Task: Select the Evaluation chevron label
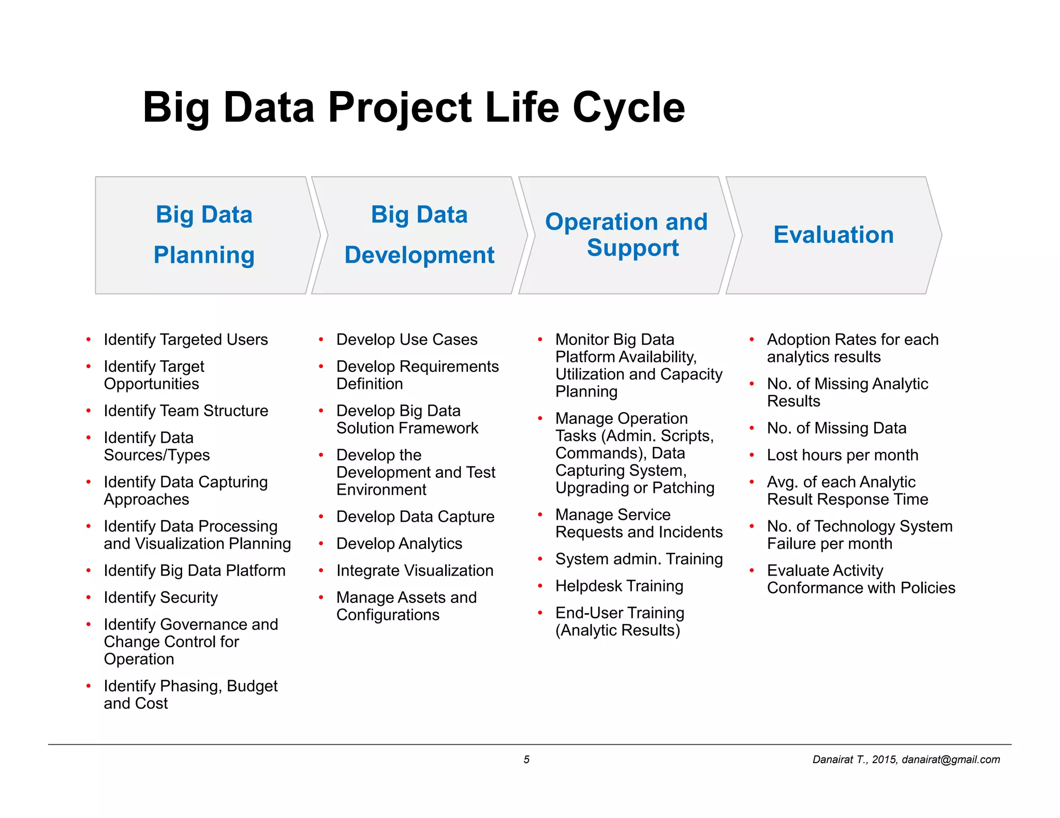coord(833,235)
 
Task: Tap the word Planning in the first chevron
coord(204,255)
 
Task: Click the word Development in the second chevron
coord(419,255)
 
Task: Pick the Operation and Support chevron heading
coord(626,235)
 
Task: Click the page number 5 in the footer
coord(526,760)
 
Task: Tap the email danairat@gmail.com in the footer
coord(950,760)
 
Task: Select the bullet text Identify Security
coord(160,597)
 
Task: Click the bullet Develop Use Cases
coord(406,340)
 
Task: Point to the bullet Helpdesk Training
coord(619,586)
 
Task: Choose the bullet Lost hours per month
coord(842,455)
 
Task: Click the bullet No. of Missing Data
coord(836,428)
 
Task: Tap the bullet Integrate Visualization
coord(415,570)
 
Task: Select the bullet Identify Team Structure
coord(186,411)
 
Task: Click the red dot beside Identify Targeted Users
coord(89,340)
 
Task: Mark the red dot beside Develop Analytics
coord(321,543)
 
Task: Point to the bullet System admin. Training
coord(639,559)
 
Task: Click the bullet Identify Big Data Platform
coord(194,570)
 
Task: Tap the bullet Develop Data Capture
coord(415,517)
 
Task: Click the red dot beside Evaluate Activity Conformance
coord(752,570)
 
